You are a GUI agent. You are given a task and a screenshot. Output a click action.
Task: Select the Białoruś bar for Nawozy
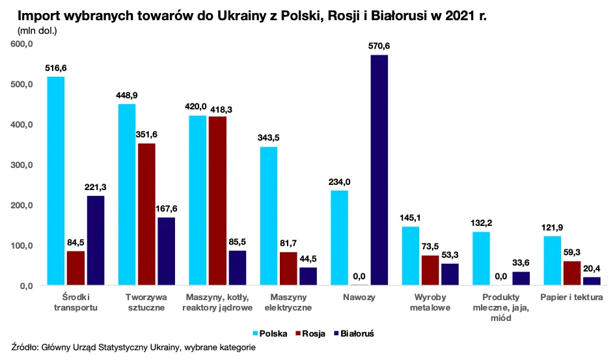[x=379, y=170]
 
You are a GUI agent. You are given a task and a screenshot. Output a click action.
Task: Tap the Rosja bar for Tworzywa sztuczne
[x=146, y=214]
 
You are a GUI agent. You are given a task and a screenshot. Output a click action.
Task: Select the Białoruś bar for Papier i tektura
[x=592, y=281]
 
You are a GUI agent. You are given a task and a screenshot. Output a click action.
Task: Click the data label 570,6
[x=379, y=46]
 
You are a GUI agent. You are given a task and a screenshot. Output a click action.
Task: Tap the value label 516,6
[x=56, y=67]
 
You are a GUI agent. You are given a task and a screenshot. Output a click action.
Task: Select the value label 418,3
[x=218, y=107]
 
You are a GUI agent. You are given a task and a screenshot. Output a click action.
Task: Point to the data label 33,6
[x=521, y=262]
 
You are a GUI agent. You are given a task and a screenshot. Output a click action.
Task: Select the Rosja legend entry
[x=315, y=333]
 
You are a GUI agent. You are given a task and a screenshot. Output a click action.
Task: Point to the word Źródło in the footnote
[x=26, y=348]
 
